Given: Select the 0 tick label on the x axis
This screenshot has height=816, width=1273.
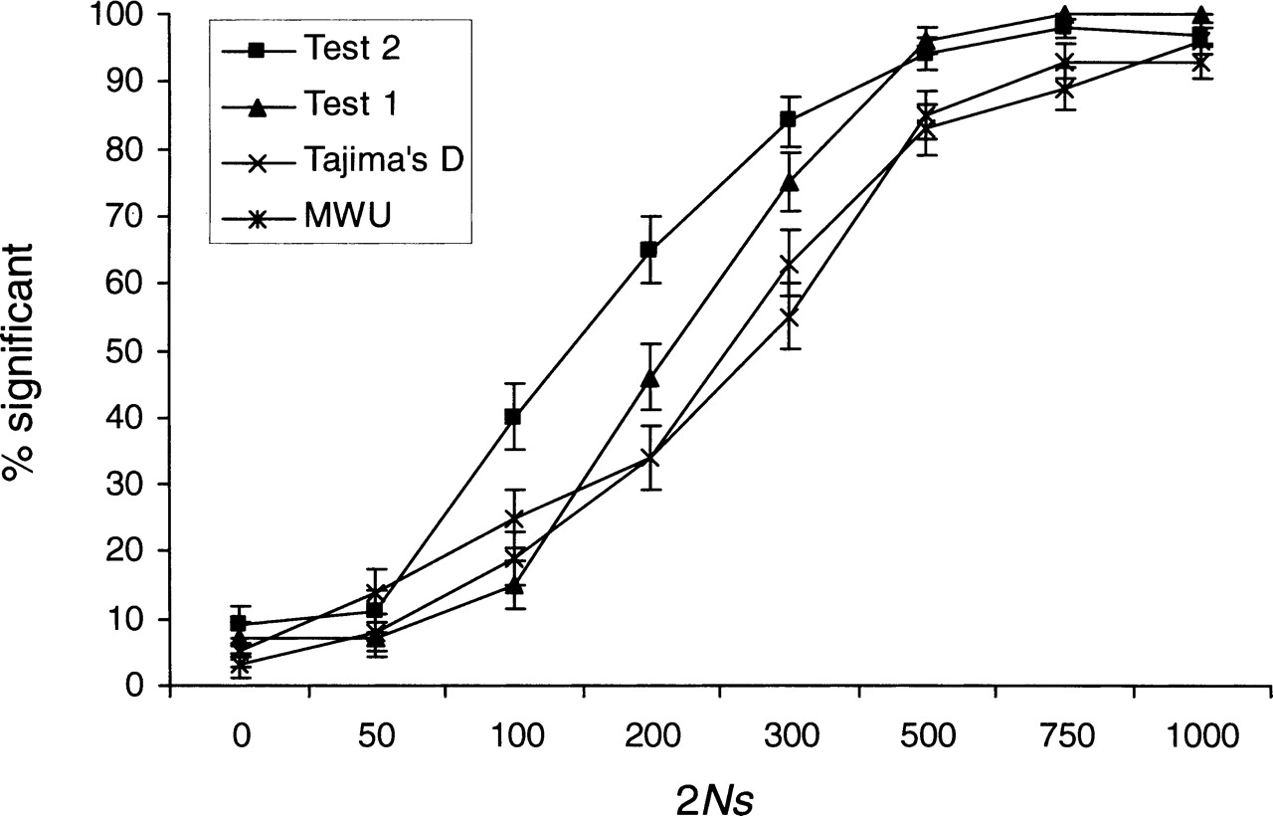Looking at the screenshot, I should pyautogui.click(x=240, y=736).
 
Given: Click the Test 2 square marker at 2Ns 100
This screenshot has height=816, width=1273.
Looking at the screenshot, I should pyautogui.click(x=513, y=417).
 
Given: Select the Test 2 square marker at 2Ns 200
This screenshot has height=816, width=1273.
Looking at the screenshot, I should pyautogui.click(x=649, y=249).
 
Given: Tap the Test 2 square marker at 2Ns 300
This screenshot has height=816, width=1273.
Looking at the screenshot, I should pyautogui.click(x=788, y=119).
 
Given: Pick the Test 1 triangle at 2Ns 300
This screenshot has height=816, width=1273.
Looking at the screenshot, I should pyautogui.click(x=788, y=182).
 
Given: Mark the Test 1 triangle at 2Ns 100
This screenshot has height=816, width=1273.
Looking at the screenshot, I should pyautogui.click(x=513, y=585).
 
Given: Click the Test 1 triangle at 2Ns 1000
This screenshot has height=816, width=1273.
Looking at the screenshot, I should pyautogui.click(x=1200, y=15).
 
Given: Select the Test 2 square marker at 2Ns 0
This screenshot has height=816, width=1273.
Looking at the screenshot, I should pyautogui.click(x=239, y=624).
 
